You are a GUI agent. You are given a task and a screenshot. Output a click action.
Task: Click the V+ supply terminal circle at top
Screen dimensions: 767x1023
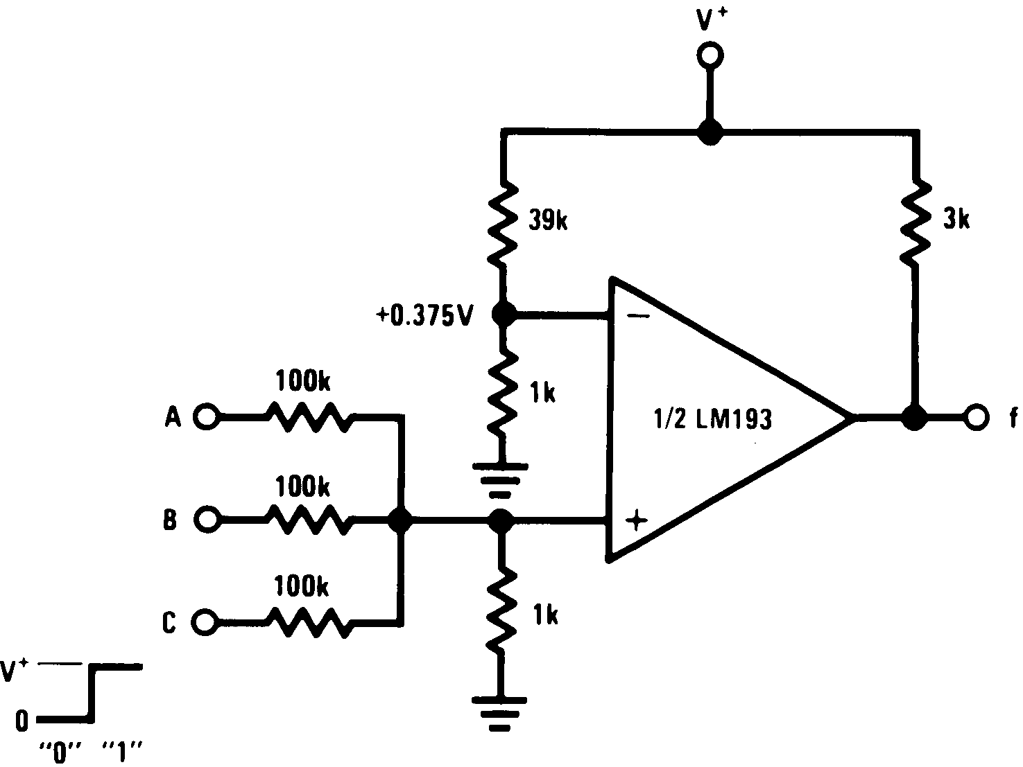click(x=710, y=55)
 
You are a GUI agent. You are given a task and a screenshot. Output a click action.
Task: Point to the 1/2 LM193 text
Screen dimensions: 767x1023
click(x=713, y=419)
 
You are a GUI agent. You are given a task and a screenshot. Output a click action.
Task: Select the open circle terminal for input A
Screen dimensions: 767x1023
click(x=206, y=417)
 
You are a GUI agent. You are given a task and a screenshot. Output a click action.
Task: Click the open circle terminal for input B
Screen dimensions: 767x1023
click(x=206, y=519)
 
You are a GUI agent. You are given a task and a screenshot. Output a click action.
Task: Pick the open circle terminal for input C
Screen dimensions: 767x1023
click(x=203, y=622)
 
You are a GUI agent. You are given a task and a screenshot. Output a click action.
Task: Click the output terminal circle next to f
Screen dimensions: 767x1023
click(x=975, y=417)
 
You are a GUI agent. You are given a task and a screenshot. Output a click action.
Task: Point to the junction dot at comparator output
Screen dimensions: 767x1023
click(x=915, y=417)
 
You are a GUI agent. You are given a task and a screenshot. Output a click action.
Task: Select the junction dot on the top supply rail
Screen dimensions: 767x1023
click(x=710, y=132)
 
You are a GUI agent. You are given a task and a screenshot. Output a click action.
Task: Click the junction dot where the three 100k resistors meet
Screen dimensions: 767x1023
click(x=400, y=519)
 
